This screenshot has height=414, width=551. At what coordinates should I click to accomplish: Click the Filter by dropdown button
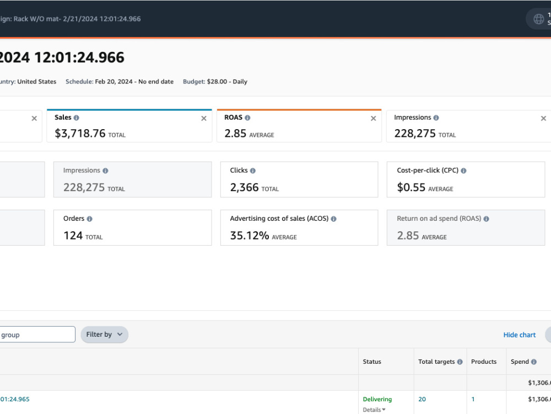[x=104, y=335]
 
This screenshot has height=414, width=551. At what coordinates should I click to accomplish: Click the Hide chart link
[x=520, y=335]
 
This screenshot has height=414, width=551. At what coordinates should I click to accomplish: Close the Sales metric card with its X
[x=204, y=119]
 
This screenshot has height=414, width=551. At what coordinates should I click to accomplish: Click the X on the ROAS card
[x=374, y=119]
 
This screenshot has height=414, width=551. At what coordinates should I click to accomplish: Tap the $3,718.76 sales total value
[x=80, y=134]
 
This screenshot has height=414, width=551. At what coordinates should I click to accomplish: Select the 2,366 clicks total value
[x=244, y=187]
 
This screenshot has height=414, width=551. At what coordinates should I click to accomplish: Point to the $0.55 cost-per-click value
[x=411, y=187]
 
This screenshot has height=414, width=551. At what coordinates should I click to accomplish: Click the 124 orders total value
[x=73, y=236]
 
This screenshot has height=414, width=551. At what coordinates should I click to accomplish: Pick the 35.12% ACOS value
[x=250, y=236]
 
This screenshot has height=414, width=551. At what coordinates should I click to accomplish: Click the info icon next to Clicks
[x=253, y=171]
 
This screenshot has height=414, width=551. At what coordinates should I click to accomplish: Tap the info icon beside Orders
[x=90, y=219]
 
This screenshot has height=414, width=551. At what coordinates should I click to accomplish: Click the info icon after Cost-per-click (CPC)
[x=463, y=171]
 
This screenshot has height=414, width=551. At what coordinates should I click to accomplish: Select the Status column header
[x=372, y=362]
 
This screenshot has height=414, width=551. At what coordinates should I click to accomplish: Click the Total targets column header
[x=436, y=362]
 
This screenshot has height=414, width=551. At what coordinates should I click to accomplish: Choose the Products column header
[x=484, y=362]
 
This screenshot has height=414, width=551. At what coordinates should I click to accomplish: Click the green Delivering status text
[x=377, y=399]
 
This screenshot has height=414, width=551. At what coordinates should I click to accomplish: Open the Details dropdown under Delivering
[x=374, y=410]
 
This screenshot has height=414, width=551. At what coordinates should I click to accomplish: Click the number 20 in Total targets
[x=422, y=399]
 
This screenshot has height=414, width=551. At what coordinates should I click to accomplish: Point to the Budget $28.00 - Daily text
[x=215, y=82]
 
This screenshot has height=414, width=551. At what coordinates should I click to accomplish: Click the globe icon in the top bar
[x=539, y=19]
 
